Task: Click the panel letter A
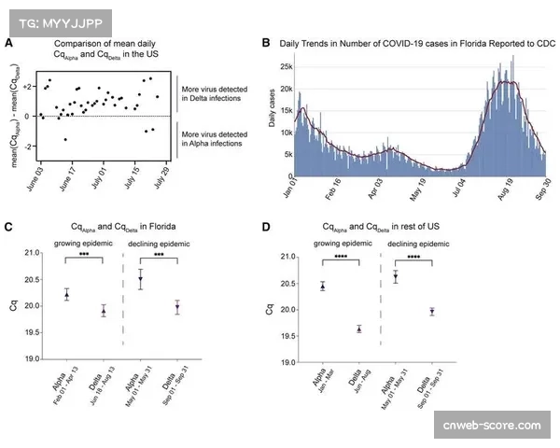(x=8, y=44)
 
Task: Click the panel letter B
(x=267, y=43)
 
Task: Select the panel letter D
(x=267, y=227)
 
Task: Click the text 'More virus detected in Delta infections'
(x=212, y=91)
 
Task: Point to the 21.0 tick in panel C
(x=35, y=253)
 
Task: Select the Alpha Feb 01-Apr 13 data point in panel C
(x=66, y=295)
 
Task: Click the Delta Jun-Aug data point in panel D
(x=358, y=329)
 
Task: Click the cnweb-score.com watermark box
(x=493, y=426)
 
